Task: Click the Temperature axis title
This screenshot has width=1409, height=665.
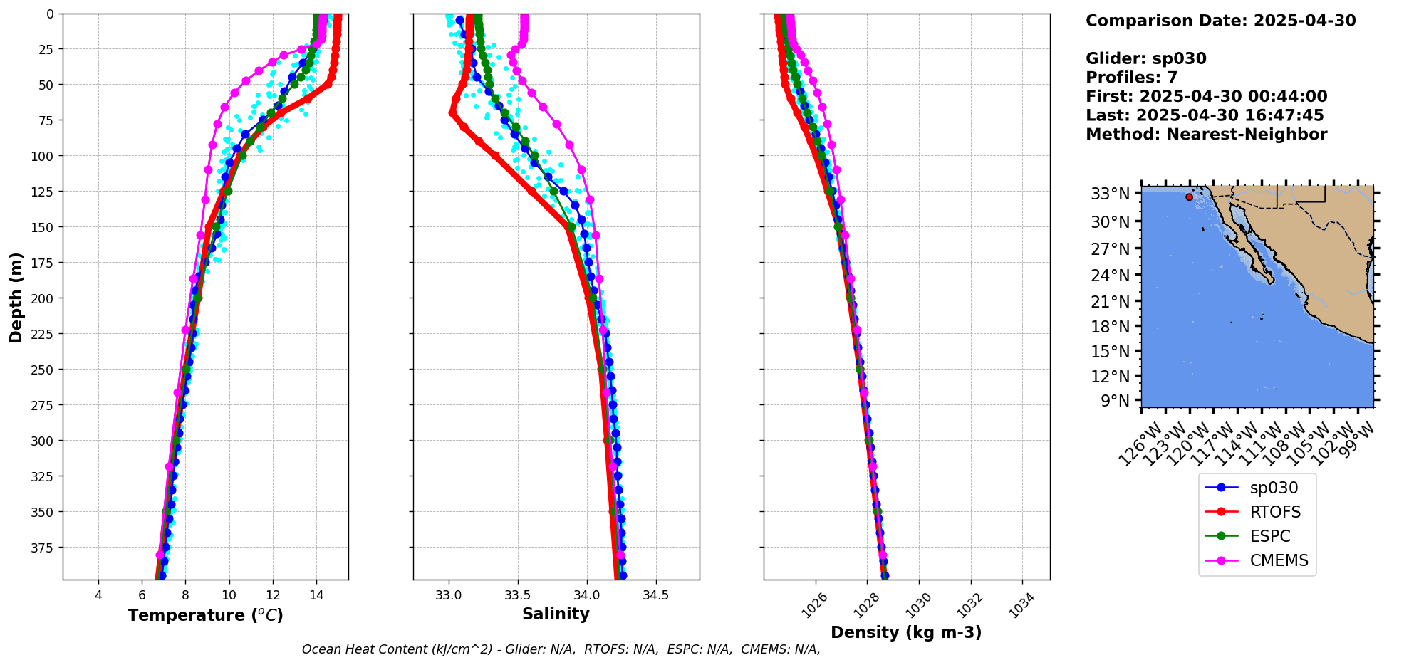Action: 205,615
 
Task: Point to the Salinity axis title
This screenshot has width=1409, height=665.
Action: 556,614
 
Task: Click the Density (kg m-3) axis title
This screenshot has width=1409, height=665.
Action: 906,632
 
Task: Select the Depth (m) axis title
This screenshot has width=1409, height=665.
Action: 16,297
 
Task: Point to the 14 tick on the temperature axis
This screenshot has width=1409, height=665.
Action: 316,595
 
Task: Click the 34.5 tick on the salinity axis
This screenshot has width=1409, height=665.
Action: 655,595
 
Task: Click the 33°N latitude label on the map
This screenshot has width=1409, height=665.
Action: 1111,194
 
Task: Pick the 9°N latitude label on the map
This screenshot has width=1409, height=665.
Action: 1115,401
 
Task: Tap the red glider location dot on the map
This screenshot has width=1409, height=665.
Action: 1189,197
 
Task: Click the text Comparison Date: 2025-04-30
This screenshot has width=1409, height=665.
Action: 1220,21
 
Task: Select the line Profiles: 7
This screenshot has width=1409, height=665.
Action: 1131,78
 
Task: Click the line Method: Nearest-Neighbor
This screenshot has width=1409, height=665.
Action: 1206,135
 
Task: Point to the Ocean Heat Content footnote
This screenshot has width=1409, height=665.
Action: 561,649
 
